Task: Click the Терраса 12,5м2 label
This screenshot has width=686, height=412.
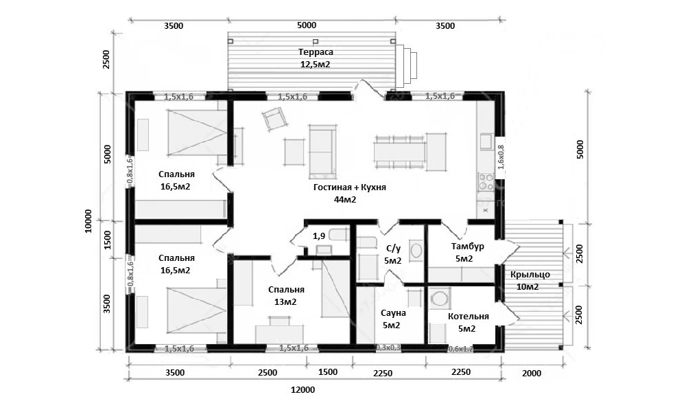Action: pyautogui.click(x=316, y=58)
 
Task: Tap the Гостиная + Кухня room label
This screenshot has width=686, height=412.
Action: pyautogui.click(x=350, y=193)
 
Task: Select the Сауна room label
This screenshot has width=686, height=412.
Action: pyautogui.click(x=392, y=319)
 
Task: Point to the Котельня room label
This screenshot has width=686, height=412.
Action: pyautogui.click(x=468, y=322)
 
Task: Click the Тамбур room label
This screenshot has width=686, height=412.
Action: pyautogui.click(x=467, y=252)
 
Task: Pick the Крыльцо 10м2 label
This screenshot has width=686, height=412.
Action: pyautogui.click(x=530, y=280)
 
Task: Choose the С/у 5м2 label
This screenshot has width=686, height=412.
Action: pyautogui.click(x=392, y=254)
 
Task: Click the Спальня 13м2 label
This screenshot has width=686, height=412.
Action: pyautogui.click(x=286, y=295)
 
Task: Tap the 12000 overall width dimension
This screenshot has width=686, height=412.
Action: pyautogui.click(x=303, y=389)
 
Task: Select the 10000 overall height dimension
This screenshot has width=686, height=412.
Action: pyautogui.click(x=88, y=221)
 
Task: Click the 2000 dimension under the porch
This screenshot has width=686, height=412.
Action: pyautogui.click(x=532, y=374)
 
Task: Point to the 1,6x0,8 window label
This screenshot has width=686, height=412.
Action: pyautogui.click(x=501, y=157)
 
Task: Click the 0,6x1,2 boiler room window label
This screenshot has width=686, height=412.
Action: pyautogui.click(x=461, y=349)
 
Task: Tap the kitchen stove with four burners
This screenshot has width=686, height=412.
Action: pyautogui.click(x=485, y=182)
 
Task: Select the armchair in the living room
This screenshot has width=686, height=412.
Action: pyautogui.click(x=274, y=119)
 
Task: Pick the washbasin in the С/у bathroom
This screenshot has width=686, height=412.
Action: pyautogui.click(x=416, y=251)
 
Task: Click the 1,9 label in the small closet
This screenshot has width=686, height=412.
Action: pyautogui.click(x=318, y=236)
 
